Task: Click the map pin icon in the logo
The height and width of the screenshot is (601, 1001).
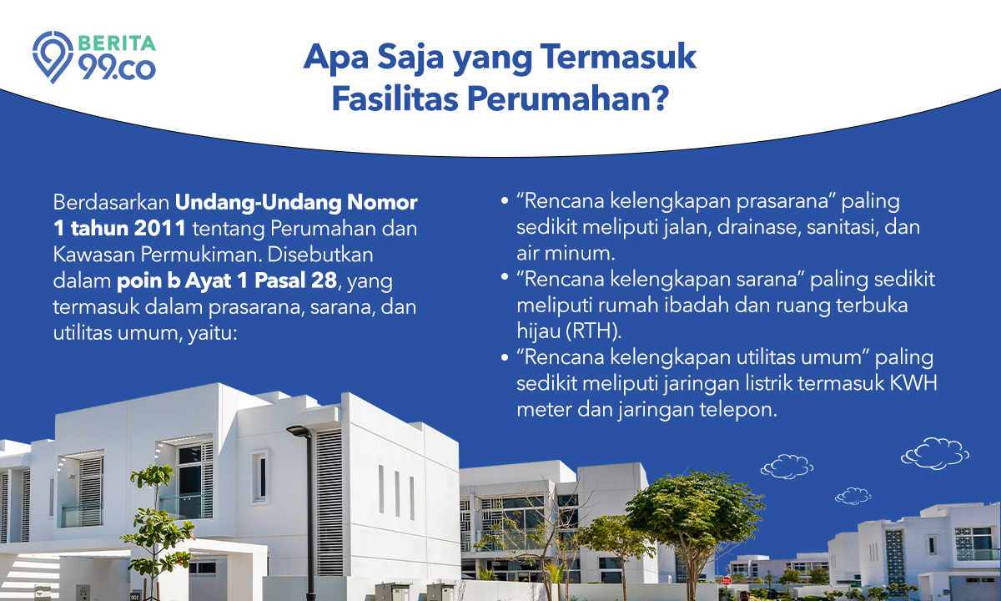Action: [53, 57]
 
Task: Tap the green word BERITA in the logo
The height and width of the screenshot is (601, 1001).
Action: [117, 43]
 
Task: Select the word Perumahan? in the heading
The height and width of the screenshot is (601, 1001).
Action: [568, 98]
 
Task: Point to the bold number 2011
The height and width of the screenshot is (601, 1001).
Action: [159, 229]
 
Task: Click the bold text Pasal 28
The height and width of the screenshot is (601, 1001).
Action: [296, 280]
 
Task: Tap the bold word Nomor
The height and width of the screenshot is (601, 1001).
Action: [383, 203]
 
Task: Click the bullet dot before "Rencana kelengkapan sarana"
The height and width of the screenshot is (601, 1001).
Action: [505, 279]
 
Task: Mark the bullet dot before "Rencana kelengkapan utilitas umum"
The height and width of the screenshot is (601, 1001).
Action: [505, 357]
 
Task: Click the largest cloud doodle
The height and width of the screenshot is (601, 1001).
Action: [935, 453]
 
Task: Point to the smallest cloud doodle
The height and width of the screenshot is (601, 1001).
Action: [853, 496]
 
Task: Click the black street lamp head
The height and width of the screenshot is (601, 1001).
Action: [299, 431]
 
